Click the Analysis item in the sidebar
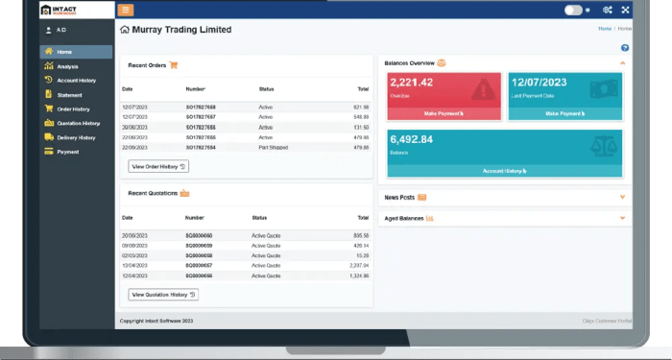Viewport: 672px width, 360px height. pyautogui.click(x=67, y=66)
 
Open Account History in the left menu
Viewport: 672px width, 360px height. pyautogui.click(x=74, y=81)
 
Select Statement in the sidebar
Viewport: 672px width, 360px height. pyautogui.click(x=69, y=95)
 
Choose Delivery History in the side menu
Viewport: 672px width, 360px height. pyautogui.click(x=75, y=137)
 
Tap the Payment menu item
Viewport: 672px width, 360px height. pyautogui.click(x=67, y=152)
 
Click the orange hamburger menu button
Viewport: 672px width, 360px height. pyautogui.click(x=126, y=10)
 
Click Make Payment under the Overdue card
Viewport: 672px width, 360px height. pyautogui.click(x=444, y=113)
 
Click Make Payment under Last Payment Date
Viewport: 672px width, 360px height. pyautogui.click(x=564, y=113)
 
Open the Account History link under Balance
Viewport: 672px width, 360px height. pyautogui.click(x=504, y=171)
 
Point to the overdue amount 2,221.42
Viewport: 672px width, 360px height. pyautogui.click(x=412, y=83)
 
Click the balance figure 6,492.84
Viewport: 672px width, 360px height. pyautogui.click(x=412, y=139)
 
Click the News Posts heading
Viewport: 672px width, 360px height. pyautogui.click(x=399, y=197)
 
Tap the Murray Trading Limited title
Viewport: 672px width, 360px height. pyautogui.click(x=181, y=30)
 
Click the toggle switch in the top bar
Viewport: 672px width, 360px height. pyautogui.click(x=574, y=10)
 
